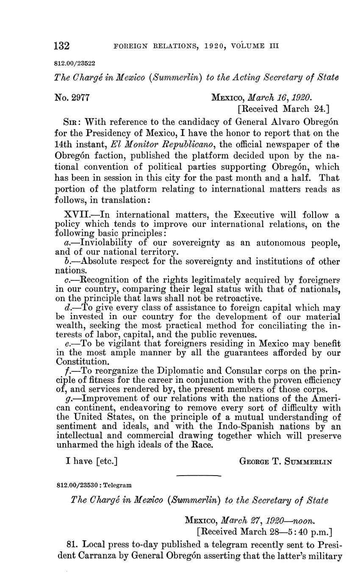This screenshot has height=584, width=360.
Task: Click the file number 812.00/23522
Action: (75, 64)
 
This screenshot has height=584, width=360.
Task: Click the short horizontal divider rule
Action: (198, 476)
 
